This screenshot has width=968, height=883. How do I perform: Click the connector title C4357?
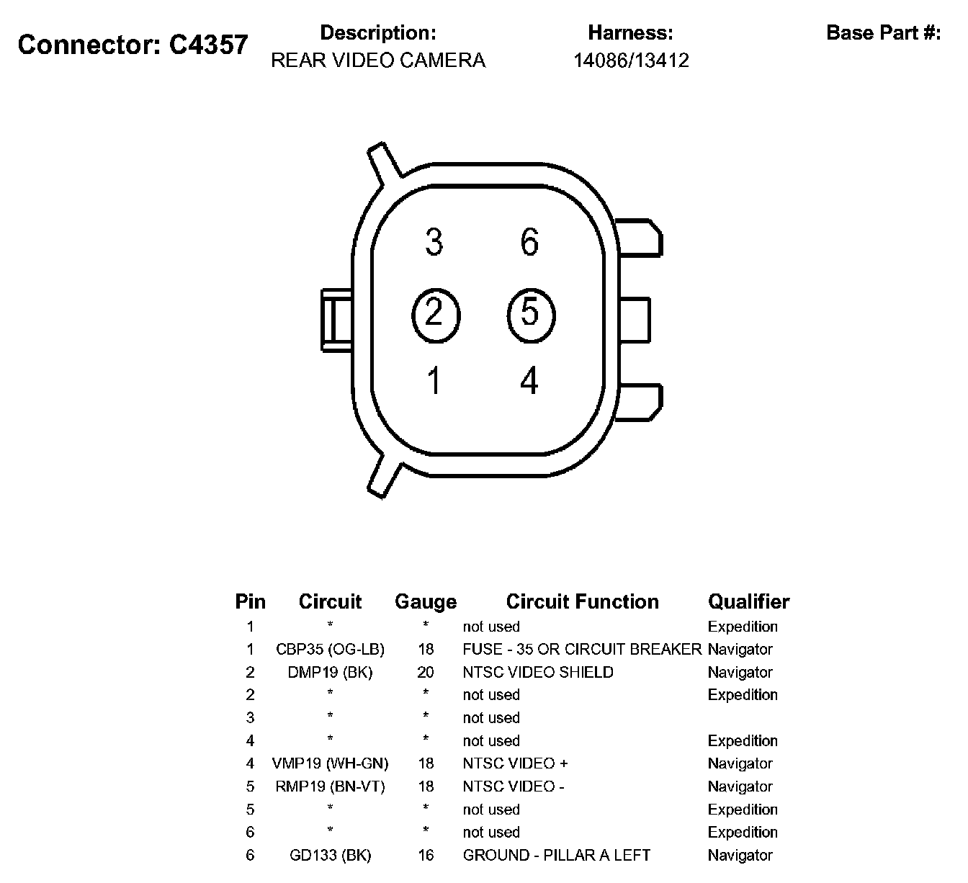pyautogui.click(x=133, y=45)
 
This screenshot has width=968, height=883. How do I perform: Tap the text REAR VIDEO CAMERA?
pyautogui.click(x=378, y=60)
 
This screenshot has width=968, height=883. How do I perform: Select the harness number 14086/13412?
pyautogui.click(x=631, y=60)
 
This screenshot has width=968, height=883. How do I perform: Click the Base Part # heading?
pyautogui.click(x=883, y=33)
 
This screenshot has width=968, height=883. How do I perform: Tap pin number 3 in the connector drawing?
pyautogui.click(x=434, y=242)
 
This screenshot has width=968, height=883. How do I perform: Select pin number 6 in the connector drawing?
pyautogui.click(x=529, y=242)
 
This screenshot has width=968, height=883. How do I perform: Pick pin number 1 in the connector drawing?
pyautogui.click(x=434, y=381)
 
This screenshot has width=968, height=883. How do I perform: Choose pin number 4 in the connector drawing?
pyautogui.click(x=529, y=381)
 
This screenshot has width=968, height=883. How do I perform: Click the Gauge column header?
pyautogui.click(x=426, y=602)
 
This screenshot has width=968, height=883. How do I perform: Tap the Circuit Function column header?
pyautogui.click(x=582, y=602)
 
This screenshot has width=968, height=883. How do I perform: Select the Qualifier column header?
pyautogui.click(x=748, y=602)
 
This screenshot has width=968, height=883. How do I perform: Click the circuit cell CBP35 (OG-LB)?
pyautogui.click(x=330, y=650)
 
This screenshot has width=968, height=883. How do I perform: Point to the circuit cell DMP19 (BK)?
pyautogui.click(x=330, y=673)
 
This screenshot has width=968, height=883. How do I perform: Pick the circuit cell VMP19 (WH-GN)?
pyautogui.click(x=330, y=763)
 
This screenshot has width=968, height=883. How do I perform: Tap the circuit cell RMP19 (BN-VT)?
pyautogui.click(x=330, y=786)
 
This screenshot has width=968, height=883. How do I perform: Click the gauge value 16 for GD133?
pyautogui.click(x=426, y=856)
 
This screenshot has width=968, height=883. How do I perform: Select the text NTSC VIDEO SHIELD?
pyautogui.click(x=538, y=673)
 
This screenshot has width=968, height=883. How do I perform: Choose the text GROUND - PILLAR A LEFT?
pyautogui.click(x=556, y=856)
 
